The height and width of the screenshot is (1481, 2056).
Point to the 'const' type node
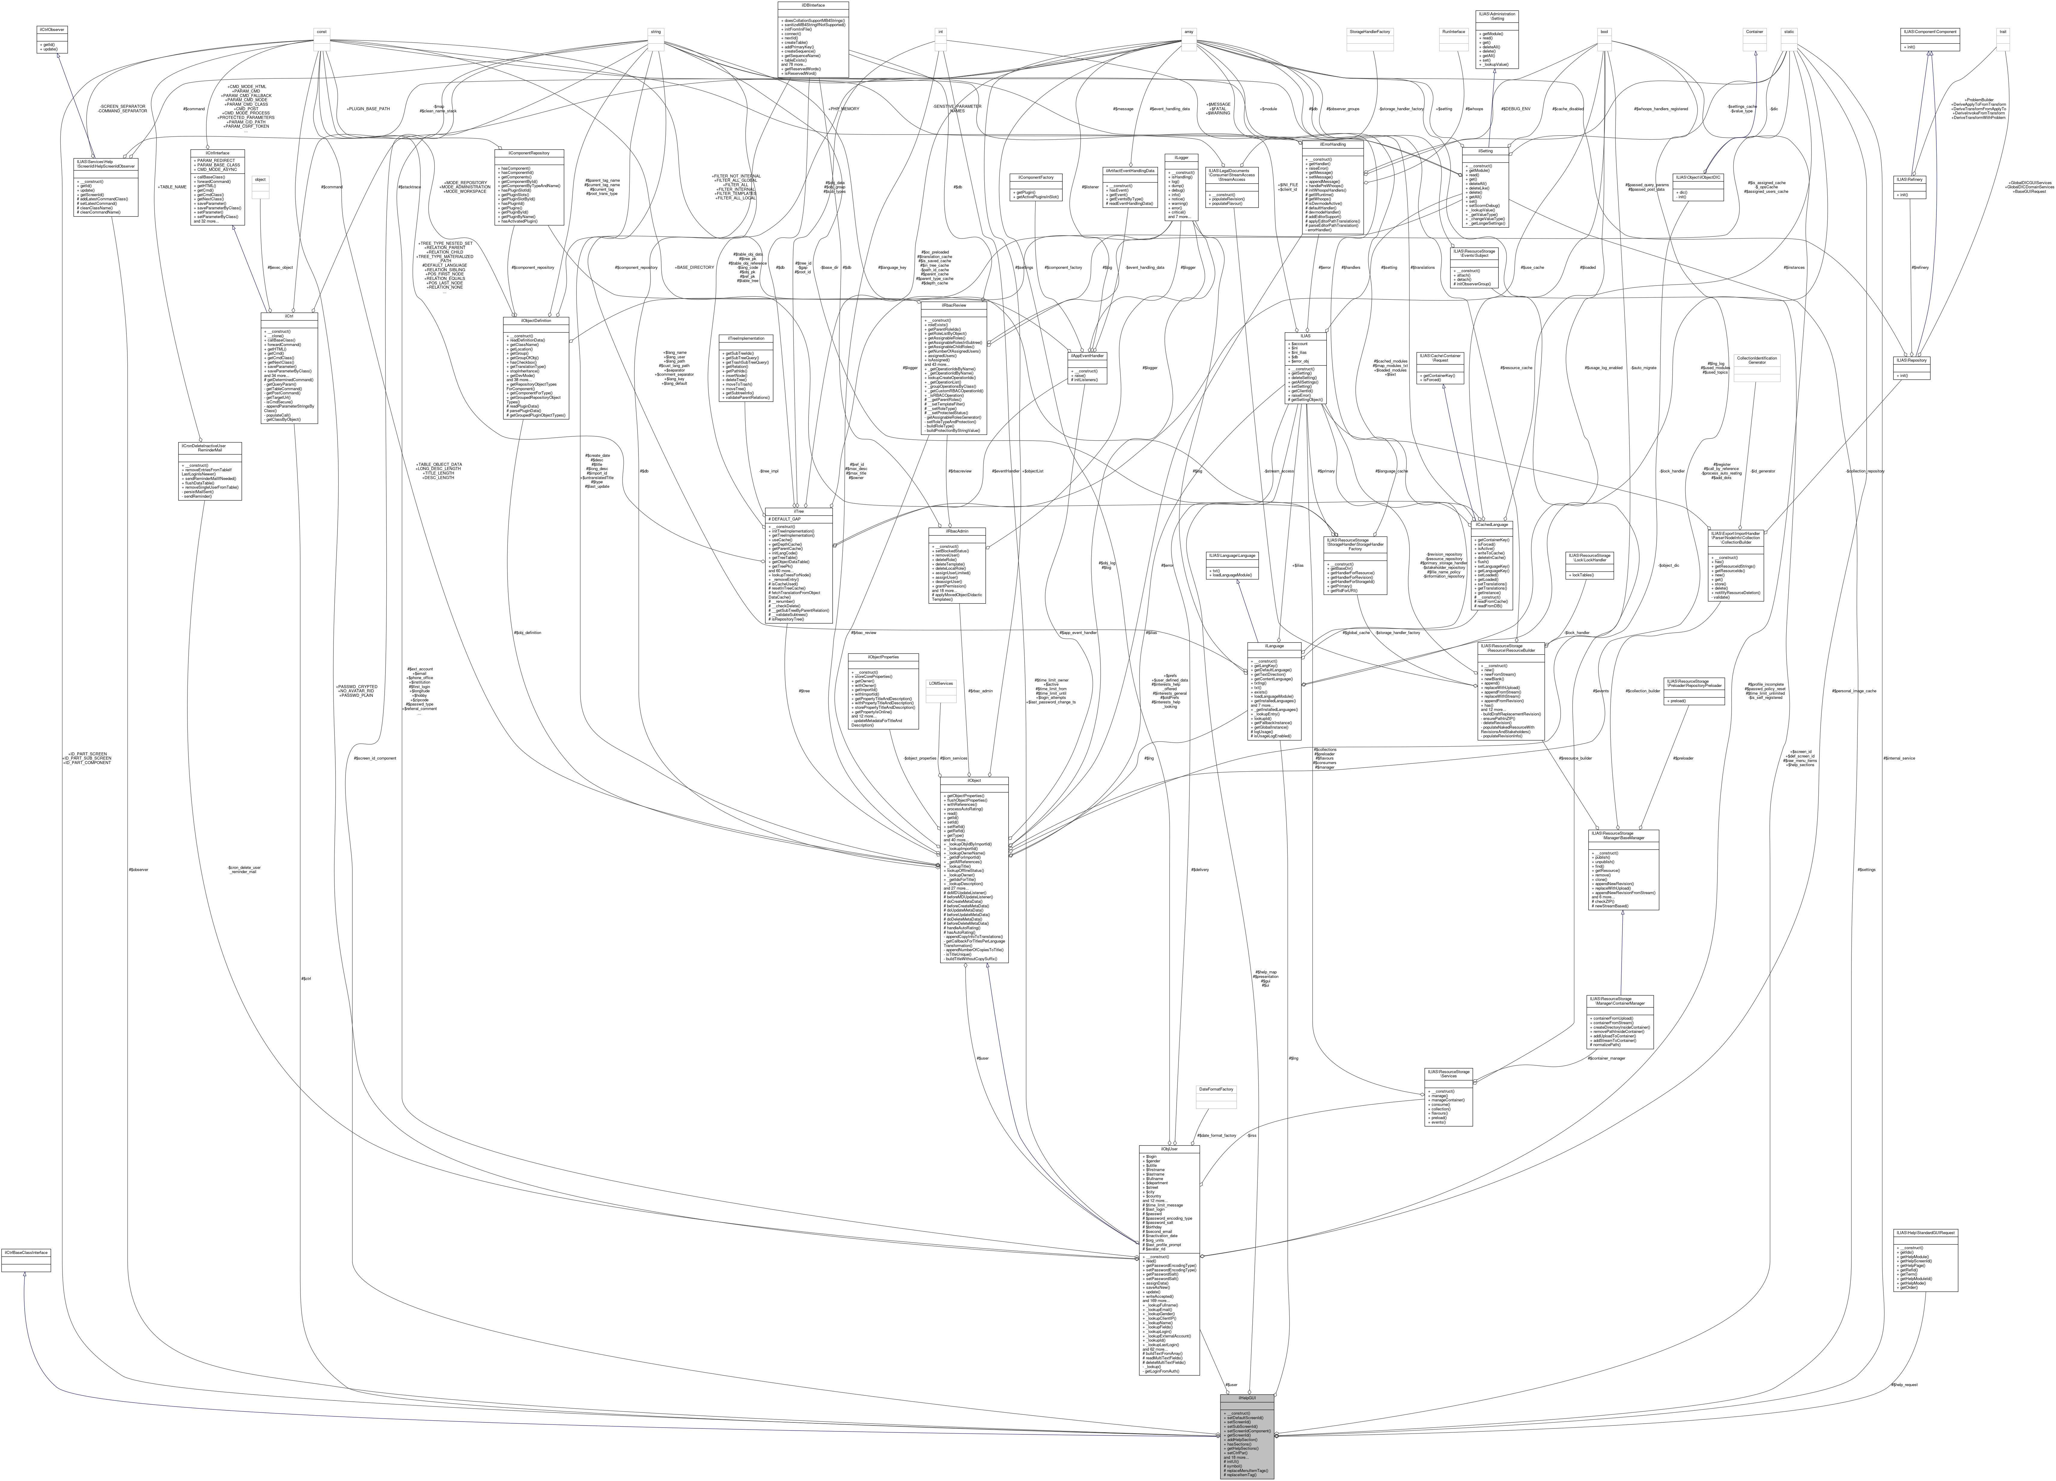click(321, 32)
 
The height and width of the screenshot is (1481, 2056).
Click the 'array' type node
click(1189, 32)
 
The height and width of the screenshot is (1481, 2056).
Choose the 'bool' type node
click(1604, 32)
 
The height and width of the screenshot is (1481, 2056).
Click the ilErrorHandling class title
click(1331, 144)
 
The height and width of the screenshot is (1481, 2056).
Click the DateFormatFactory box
click(1216, 1089)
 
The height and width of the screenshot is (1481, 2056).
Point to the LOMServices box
click(940, 683)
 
